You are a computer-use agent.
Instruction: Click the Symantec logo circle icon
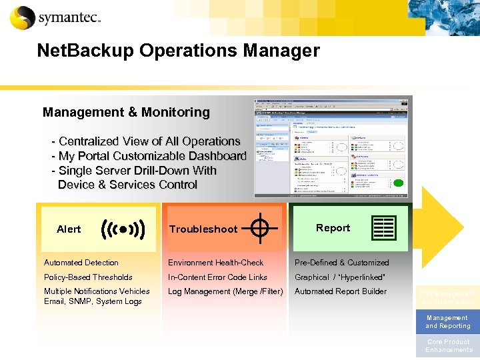23,17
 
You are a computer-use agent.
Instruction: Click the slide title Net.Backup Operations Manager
178,51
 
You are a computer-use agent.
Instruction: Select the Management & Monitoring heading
126,112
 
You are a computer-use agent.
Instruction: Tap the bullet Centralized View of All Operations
149,141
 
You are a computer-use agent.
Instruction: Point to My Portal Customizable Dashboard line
152,156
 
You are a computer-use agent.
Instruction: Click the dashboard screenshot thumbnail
331,147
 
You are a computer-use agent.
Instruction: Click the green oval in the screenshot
398,183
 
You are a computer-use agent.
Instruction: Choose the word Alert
69,229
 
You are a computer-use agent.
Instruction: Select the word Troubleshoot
203,229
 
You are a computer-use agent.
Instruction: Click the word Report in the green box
333,228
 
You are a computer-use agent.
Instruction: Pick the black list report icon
385,228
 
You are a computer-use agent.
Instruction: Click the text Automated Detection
81,263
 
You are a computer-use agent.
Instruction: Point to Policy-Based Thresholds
88,277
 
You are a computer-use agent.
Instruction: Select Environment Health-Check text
216,263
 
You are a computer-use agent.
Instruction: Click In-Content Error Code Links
217,277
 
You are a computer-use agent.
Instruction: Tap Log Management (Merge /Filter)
225,291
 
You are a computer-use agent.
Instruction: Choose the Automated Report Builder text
341,291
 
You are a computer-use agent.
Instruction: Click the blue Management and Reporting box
447,322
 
